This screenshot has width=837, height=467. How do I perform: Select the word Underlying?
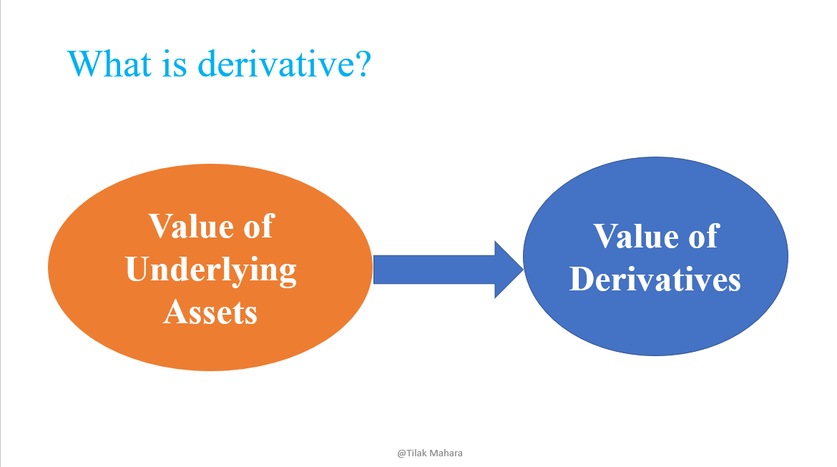coord(211,271)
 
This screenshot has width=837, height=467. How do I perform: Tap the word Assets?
coord(210,312)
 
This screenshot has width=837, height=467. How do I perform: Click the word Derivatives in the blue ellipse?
coord(655,279)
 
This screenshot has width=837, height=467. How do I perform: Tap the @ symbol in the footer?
coord(402,453)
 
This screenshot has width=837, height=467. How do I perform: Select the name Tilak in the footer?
coord(418,453)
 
